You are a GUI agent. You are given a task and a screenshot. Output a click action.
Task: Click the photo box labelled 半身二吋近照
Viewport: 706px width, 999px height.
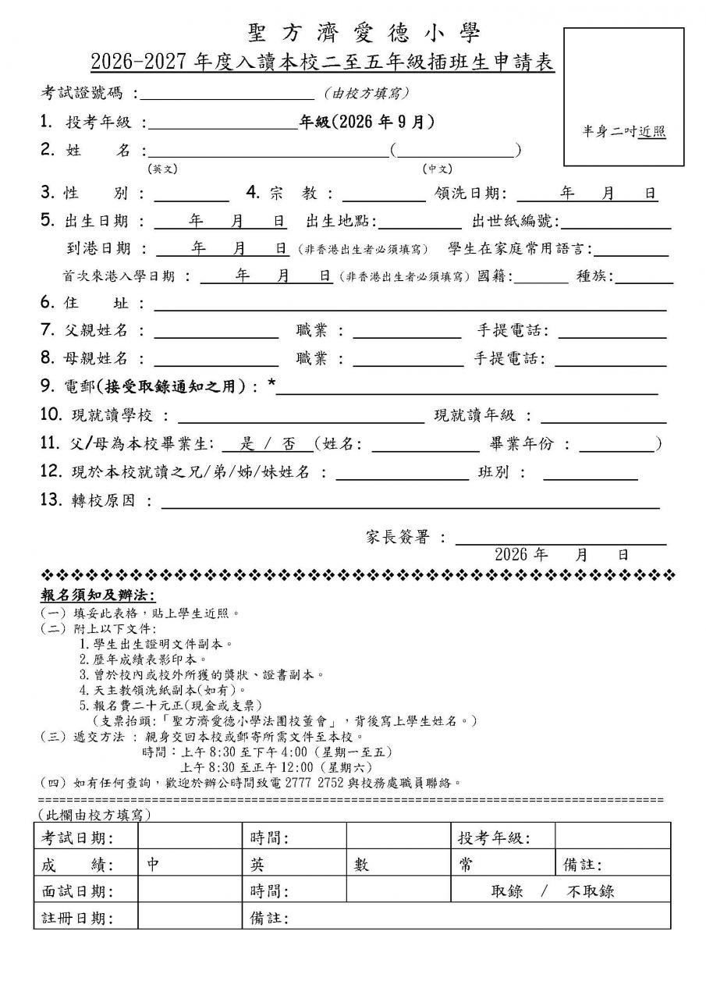click(623, 96)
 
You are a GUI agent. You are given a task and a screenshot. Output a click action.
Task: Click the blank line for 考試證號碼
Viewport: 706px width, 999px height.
click(227, 94)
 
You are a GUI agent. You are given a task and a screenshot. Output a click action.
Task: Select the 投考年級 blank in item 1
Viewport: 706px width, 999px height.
click(222, 123)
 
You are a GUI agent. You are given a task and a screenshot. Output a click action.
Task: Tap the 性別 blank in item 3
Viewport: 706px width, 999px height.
click(196, 194)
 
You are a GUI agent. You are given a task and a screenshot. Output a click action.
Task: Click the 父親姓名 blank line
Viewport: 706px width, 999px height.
click(216, 331)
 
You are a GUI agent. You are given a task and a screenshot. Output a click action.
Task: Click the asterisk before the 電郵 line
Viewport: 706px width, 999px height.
click(271, 386)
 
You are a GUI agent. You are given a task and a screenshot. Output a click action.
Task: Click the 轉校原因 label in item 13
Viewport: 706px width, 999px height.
click(98, 500)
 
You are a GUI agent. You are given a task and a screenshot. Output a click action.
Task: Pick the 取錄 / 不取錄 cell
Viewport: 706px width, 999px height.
click(552, 891)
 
